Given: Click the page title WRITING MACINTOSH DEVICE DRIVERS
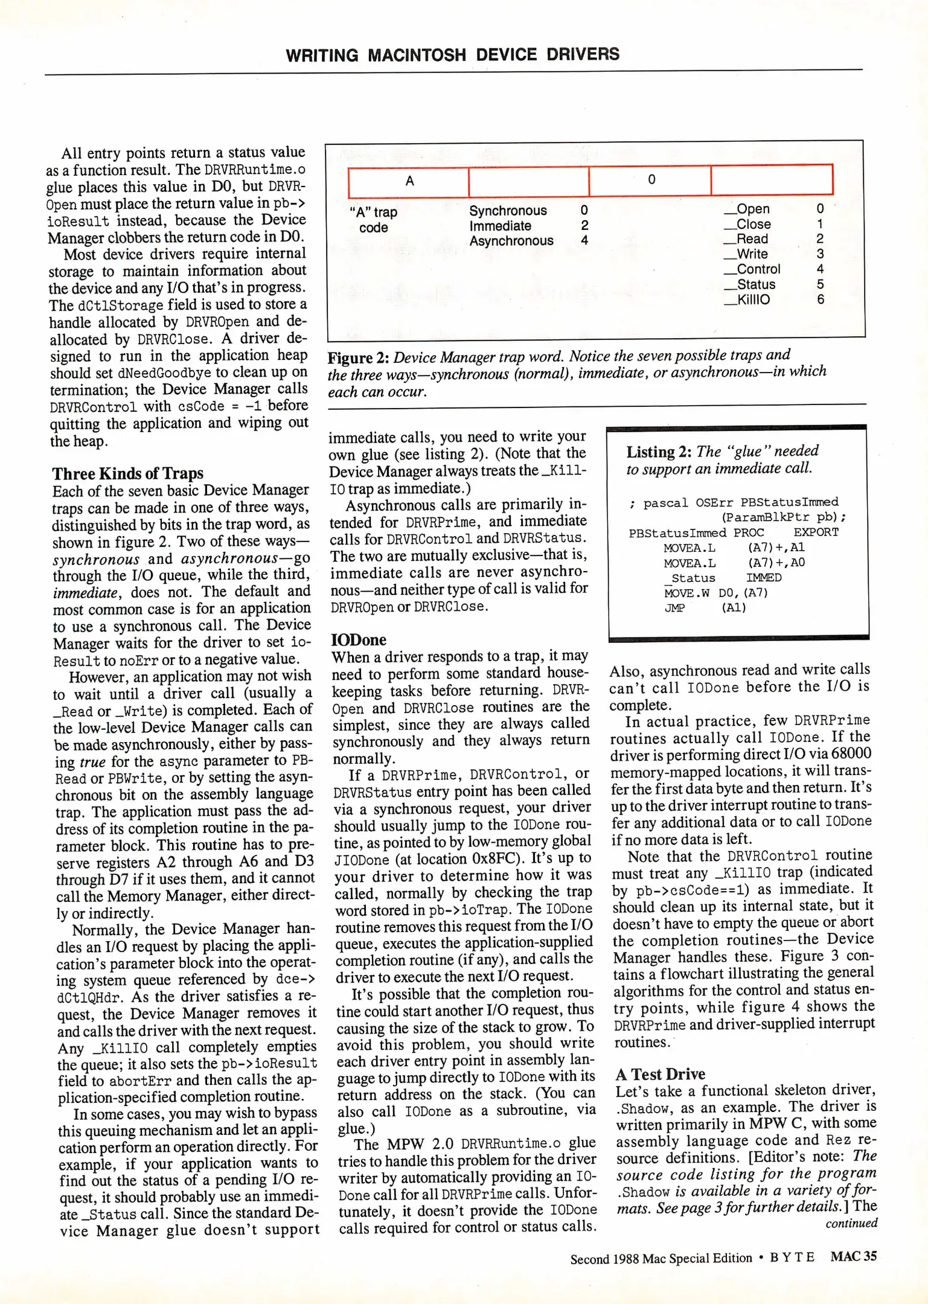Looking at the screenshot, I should coord(452,55).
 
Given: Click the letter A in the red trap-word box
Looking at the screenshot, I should coord(409,181).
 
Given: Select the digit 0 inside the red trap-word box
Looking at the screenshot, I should coord(651,179).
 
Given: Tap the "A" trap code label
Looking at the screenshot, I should coord(373,220).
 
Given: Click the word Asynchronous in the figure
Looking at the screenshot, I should coord(511,241).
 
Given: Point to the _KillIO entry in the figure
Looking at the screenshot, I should coord(747,299).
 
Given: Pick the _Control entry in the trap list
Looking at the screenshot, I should coord(752,269).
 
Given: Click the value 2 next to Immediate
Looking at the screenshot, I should coord(584,226).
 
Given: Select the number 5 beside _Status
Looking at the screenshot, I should coord(820,284).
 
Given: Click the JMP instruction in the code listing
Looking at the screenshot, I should coord(674,608).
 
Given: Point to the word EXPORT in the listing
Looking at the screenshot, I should coord(815,532).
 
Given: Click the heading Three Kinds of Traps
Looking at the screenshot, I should coord(127,473).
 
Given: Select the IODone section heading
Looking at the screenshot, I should coord(359,640).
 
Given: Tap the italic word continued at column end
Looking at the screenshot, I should coord(851,1223).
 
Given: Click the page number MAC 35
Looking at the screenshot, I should coord(853,1257).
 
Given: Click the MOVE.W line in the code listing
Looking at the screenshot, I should coord(715,593).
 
